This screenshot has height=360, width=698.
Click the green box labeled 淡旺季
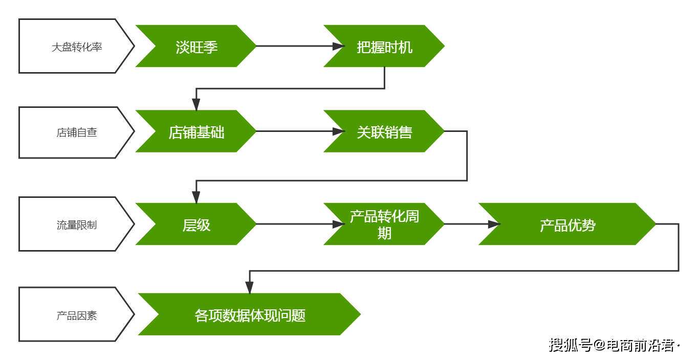[x=196, y=46]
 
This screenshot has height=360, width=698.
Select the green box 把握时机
[x=384, y=46]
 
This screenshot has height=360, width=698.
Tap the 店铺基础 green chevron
[x=196, y=131]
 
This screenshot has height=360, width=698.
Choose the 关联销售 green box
[x=384, y=131]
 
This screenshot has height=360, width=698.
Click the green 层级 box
[x=196, y=224]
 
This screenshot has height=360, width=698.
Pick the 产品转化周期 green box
[x=384, y=224]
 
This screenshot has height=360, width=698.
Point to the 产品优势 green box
[x=568, y=224]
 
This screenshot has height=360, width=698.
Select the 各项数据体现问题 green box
[x=249, y=314]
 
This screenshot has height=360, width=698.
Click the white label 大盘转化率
[x=77, y=46]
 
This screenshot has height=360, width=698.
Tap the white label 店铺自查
[x=77, y=132]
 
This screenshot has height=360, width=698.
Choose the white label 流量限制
[x=77, y=224]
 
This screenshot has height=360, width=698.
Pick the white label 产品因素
[x=77, y=314]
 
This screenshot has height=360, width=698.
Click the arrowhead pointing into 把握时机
[x=338, y=46]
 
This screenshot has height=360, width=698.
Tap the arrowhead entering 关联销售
[x=338, y=131]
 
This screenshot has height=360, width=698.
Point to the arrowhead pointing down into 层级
[x=196, y=197]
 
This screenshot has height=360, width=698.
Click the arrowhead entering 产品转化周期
[x=338, y=224]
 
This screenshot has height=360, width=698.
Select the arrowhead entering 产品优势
[x=494, y=224]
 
